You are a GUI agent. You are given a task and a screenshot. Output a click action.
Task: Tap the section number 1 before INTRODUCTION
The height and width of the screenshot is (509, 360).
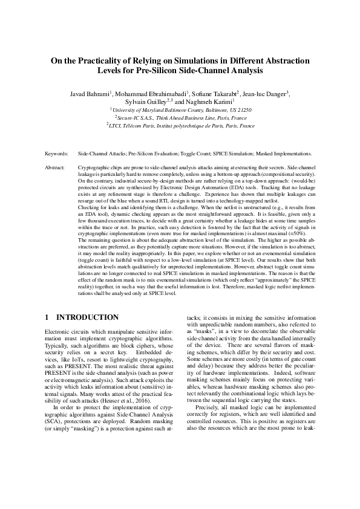[48, 317]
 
